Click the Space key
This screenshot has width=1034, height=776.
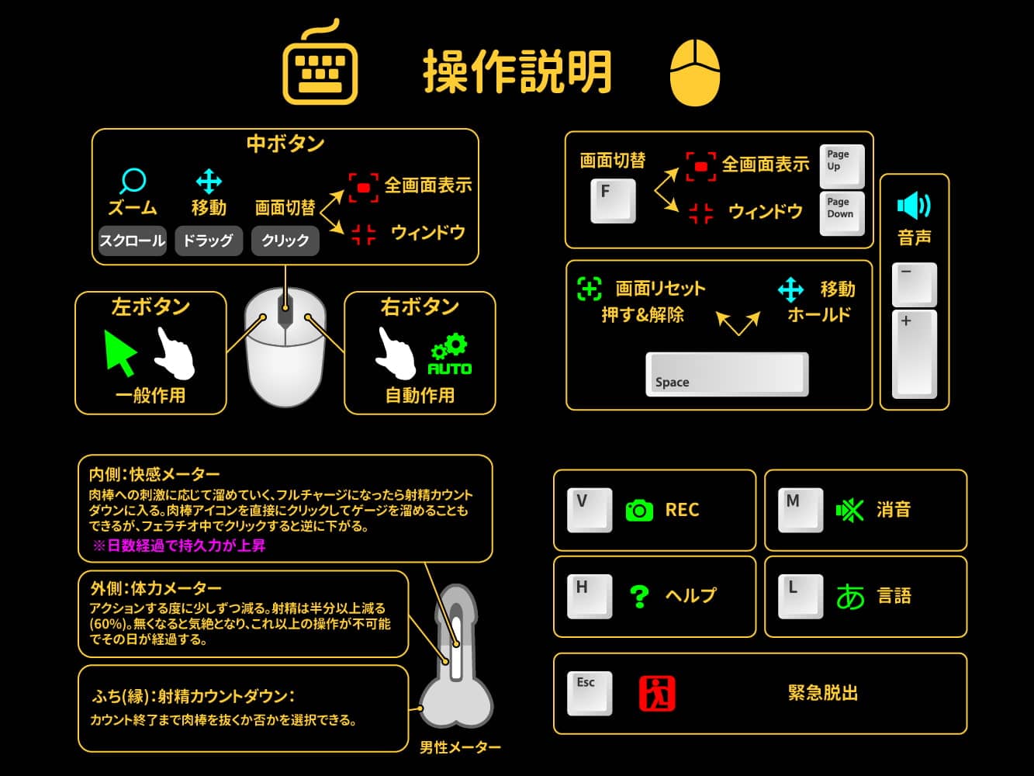click(727, 374)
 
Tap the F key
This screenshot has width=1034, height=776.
click(613, 200)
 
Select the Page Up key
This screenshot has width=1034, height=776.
click(842, 166)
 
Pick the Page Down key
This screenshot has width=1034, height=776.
click(842, 213)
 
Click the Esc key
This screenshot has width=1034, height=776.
click(590, 692)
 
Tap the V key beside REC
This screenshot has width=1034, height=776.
click(590, 510)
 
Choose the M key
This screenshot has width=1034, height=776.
click(801, 510)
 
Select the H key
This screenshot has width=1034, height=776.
click(590, 596)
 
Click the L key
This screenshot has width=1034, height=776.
click(801, 596)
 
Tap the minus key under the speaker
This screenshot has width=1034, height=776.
click(915, 284)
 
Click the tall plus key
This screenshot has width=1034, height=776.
click(915, 354)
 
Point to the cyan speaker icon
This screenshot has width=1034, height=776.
click(914, 206)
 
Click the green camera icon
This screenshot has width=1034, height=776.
click(639, 510)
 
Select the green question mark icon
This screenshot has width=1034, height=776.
click(639, 596)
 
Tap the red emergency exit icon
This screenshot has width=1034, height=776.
click(657, 693)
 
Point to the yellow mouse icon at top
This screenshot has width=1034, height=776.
click(694, 73)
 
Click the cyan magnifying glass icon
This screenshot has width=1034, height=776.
click(133, 182)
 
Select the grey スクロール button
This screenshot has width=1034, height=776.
click(133, 241)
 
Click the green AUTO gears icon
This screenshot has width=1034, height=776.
click(449, 355)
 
